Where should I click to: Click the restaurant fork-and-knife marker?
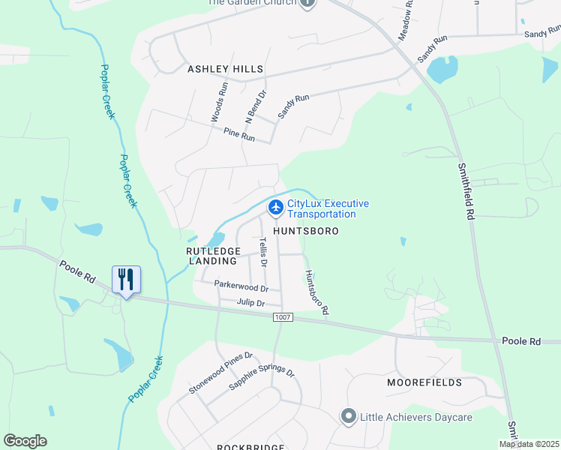tap(125, 280)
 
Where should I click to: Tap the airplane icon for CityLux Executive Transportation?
tap(275, 205)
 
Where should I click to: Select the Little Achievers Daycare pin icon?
tap(348, 415)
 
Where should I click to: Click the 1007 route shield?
tap(282, 317)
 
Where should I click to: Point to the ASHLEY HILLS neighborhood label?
tap(225, 69)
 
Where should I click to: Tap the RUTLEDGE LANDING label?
tap(214, 256)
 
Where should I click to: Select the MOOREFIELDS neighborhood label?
tap(424, 382)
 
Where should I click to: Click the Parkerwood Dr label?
tap(241, 286)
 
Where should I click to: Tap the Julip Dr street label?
tap(250, 303)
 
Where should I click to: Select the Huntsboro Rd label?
tap(315, 292)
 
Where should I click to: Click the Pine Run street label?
tap(239, 134)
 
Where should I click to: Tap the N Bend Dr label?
tap(255, 107)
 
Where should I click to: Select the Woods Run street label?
tap(218, 102)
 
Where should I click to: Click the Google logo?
tap(25, 441)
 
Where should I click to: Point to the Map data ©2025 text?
tap(529, 444)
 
